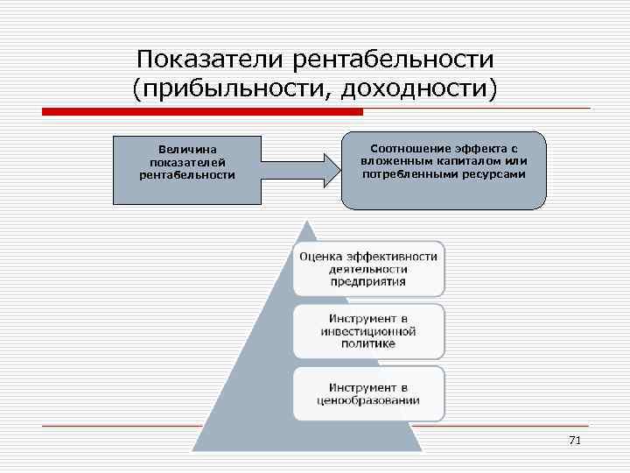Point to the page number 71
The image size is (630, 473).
(x=574, y=441)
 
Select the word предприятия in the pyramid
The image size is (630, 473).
(x=367, y=282)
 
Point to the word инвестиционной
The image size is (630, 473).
(x=367, y=331)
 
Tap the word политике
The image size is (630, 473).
(x=367, y=344)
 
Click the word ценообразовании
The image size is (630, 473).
(x=367, y=400)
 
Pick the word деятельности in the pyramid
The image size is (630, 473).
(x=367, y=269)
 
